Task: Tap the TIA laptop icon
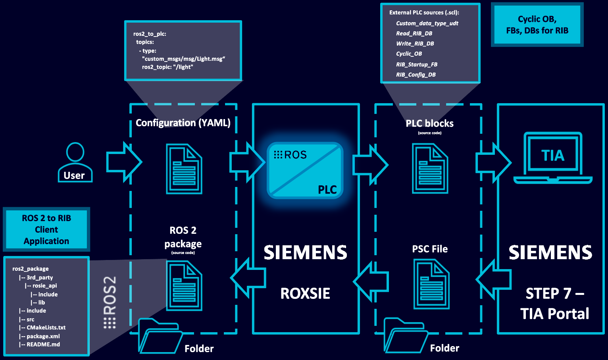click(553, 158)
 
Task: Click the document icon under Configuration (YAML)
click(184, 169)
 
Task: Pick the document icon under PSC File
click(431, 284)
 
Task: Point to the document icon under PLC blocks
click(430, 169)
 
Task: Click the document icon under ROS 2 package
click(184, 285)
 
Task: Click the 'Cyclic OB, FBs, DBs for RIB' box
click(537, 25)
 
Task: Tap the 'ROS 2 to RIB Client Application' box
click(46, 229)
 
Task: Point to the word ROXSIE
click(305, 293)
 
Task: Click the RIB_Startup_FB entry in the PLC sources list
click(417, 64)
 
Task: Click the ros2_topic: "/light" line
click(167, 67)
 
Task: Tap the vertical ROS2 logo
click(110, 302)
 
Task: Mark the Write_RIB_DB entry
click(415, 44)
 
